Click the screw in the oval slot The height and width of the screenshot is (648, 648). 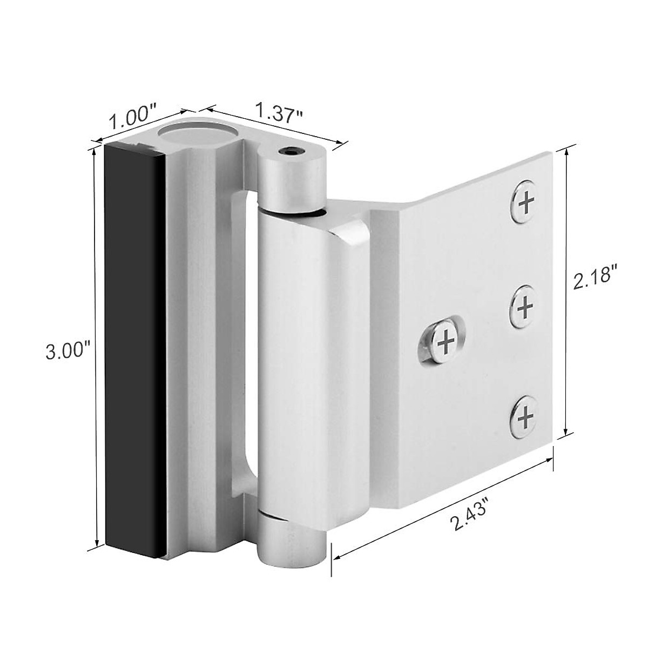tap(446, 342)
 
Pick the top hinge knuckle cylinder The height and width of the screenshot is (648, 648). tap(292, 178)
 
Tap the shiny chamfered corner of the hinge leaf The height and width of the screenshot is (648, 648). tap(351, 238)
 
